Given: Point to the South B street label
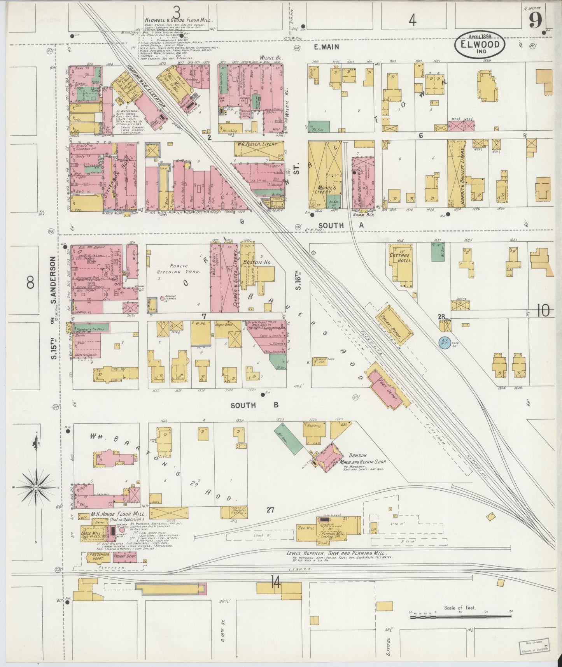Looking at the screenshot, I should click(x=254, y=405).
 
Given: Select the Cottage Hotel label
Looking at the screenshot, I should click(x=400, y=258).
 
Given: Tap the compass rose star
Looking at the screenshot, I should click(x=36, y=487).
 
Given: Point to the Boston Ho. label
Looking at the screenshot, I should click(x=257, y=263).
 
